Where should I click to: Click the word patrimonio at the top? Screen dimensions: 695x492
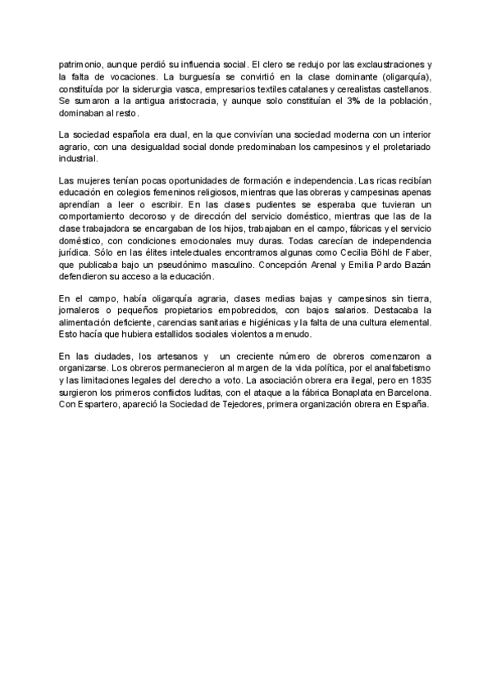pos(82,64)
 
